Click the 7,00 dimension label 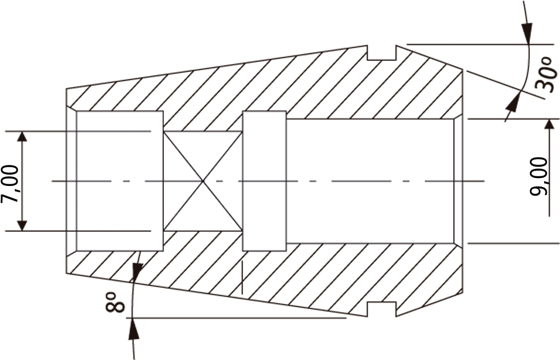(10, 183)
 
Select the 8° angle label (115, 302)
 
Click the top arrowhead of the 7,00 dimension (22, 137)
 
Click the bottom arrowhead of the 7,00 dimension (22, 225)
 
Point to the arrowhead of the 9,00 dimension (550, 125)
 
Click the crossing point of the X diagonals (203, 181)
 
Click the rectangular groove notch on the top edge (382, 53)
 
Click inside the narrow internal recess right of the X (264, 181)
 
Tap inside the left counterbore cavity (120, 181)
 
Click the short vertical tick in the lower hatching (242, 278)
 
